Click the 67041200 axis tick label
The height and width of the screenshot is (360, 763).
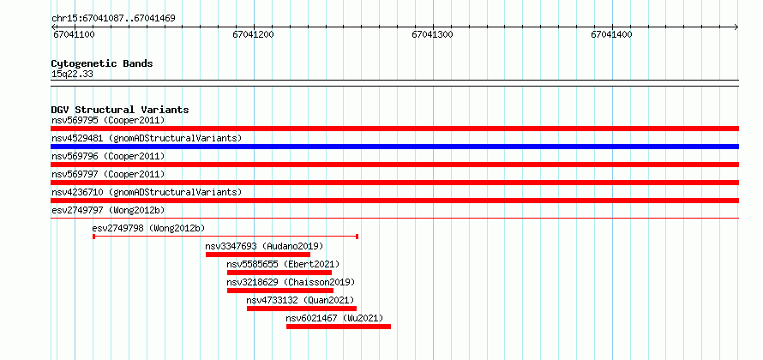253,34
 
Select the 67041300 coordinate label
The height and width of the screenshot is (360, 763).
432,34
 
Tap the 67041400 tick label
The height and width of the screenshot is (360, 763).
611,34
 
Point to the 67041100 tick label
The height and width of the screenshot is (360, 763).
74,34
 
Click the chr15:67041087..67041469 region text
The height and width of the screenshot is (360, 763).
113,19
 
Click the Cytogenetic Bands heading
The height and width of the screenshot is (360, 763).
102,63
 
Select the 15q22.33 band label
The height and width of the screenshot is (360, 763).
72,75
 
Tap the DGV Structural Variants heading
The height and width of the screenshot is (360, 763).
120,110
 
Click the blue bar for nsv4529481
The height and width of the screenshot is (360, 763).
394,147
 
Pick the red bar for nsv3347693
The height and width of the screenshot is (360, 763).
258,255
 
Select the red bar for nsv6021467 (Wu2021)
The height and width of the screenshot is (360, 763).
339,327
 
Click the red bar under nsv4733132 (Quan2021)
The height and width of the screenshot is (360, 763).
302,309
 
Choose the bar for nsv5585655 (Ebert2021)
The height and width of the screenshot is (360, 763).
279,273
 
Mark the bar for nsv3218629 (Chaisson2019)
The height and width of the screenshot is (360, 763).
280,291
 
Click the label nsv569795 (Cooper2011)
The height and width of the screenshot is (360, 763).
108,120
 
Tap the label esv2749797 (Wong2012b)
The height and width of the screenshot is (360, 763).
108,210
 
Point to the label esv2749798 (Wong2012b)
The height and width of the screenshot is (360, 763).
148,228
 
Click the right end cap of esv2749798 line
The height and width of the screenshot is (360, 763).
357,237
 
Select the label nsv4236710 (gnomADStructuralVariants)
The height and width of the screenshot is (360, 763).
147,192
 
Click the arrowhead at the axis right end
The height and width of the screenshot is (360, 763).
736,27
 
